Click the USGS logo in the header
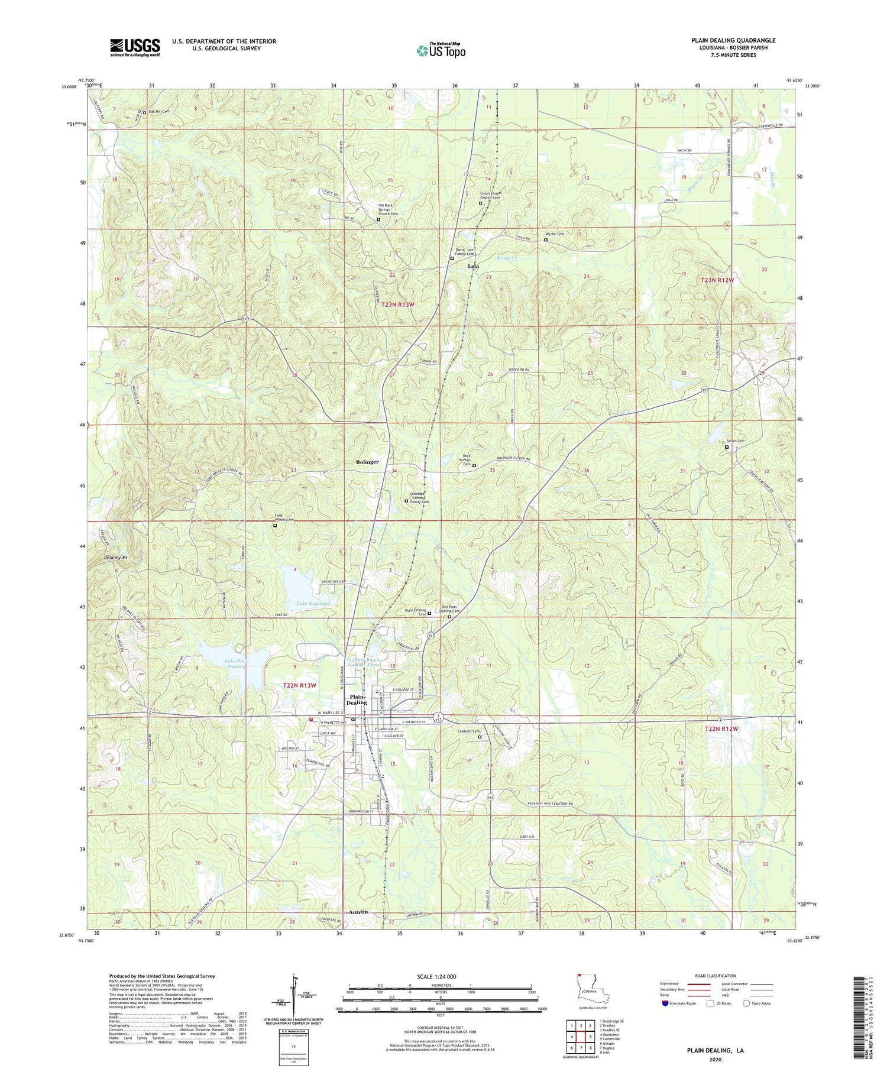tap(135, 47)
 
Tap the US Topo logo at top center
tap(441, 50)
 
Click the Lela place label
tap(473, 267)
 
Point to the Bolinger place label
tap(367, 462)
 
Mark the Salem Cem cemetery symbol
tap(727, 448)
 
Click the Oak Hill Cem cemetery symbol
tap(144, 112)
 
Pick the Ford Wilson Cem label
tap(284, 517)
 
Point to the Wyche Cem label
tap(555, 234)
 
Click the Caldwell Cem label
tap(468, 731)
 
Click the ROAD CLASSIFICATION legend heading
tap(716, 976)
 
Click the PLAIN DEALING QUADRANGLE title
tap(733, 40)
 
